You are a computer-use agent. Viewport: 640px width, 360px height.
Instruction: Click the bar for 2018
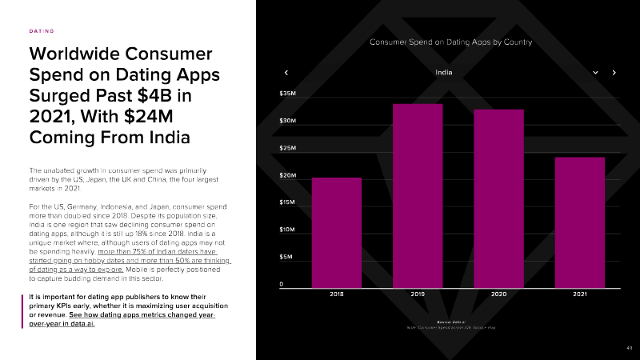(x=336, y=232)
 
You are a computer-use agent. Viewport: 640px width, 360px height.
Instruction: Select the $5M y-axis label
(x=286, y=257)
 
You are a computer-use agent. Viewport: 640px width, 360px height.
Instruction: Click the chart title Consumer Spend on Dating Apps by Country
(x=450, y=42)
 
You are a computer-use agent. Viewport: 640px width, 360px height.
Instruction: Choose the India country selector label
(x=444, y=73)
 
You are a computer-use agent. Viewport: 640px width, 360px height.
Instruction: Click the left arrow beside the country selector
(x=286, y=73)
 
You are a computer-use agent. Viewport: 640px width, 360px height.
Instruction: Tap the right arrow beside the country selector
(x=614, y=73)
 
